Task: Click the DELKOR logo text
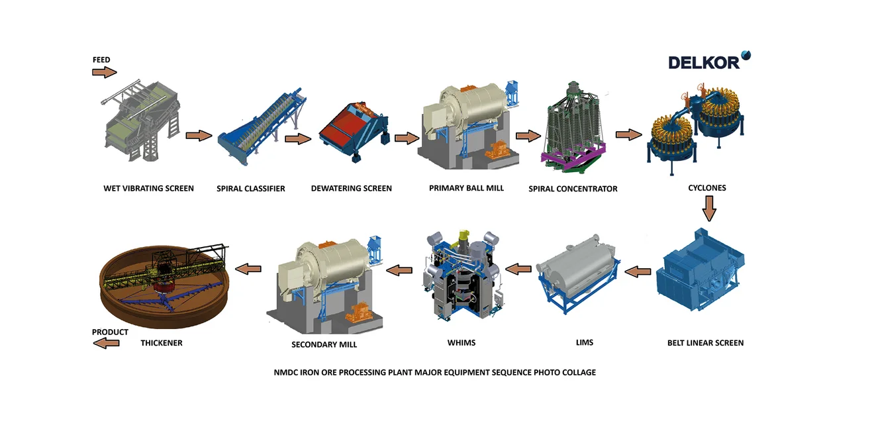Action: pos(703,62)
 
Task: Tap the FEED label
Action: pos(101,60)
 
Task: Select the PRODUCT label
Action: pos(110,332)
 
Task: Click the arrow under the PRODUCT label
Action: pos(106,343)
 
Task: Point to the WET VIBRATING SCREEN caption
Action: pos(148,188)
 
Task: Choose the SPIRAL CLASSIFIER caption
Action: pos(250,189)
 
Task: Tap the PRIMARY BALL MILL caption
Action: pos(466,188)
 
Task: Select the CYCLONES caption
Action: pos(707,188)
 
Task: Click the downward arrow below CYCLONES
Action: pos(709,209)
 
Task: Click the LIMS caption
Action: pos(585,342)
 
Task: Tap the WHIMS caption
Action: pos(461,342)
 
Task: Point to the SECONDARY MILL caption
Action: pos(324,344)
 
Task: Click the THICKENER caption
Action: pos(162,343)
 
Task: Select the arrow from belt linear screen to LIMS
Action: pos(638,271)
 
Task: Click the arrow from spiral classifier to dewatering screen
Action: pos(298,139)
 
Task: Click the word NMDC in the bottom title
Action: pos(286,372)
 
